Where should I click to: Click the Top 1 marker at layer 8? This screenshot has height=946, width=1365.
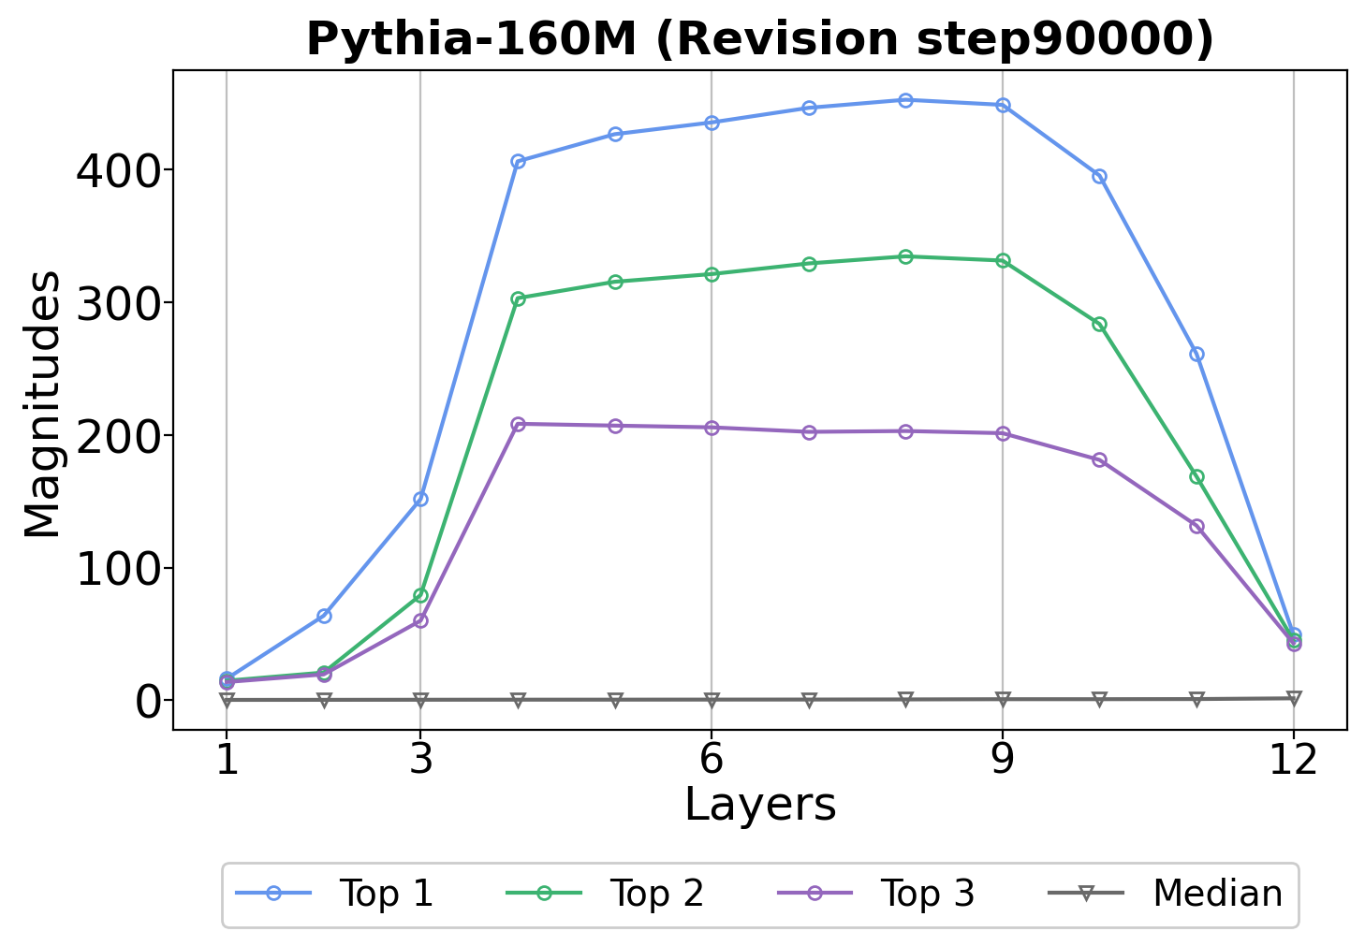click(905, 100)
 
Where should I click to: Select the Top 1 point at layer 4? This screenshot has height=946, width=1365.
click(518, 161)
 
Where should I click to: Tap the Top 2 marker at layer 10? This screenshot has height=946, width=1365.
click(1099, 325)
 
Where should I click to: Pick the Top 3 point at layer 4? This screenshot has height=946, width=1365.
click(518, 424)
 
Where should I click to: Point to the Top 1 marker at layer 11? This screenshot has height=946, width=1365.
click(1196, 354)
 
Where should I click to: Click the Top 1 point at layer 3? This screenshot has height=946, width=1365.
click(420, 499)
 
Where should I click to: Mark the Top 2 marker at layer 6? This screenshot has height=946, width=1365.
click(712, 274)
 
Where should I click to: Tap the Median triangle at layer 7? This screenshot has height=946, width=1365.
click(809, 700)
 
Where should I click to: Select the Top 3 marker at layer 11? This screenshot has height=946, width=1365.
click(1196, 526)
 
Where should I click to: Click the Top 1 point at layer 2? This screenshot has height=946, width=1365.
click(324, 616)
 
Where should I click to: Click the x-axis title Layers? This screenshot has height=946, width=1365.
click(760, 805)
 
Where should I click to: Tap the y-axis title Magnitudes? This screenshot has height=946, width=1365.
click(42, 404)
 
